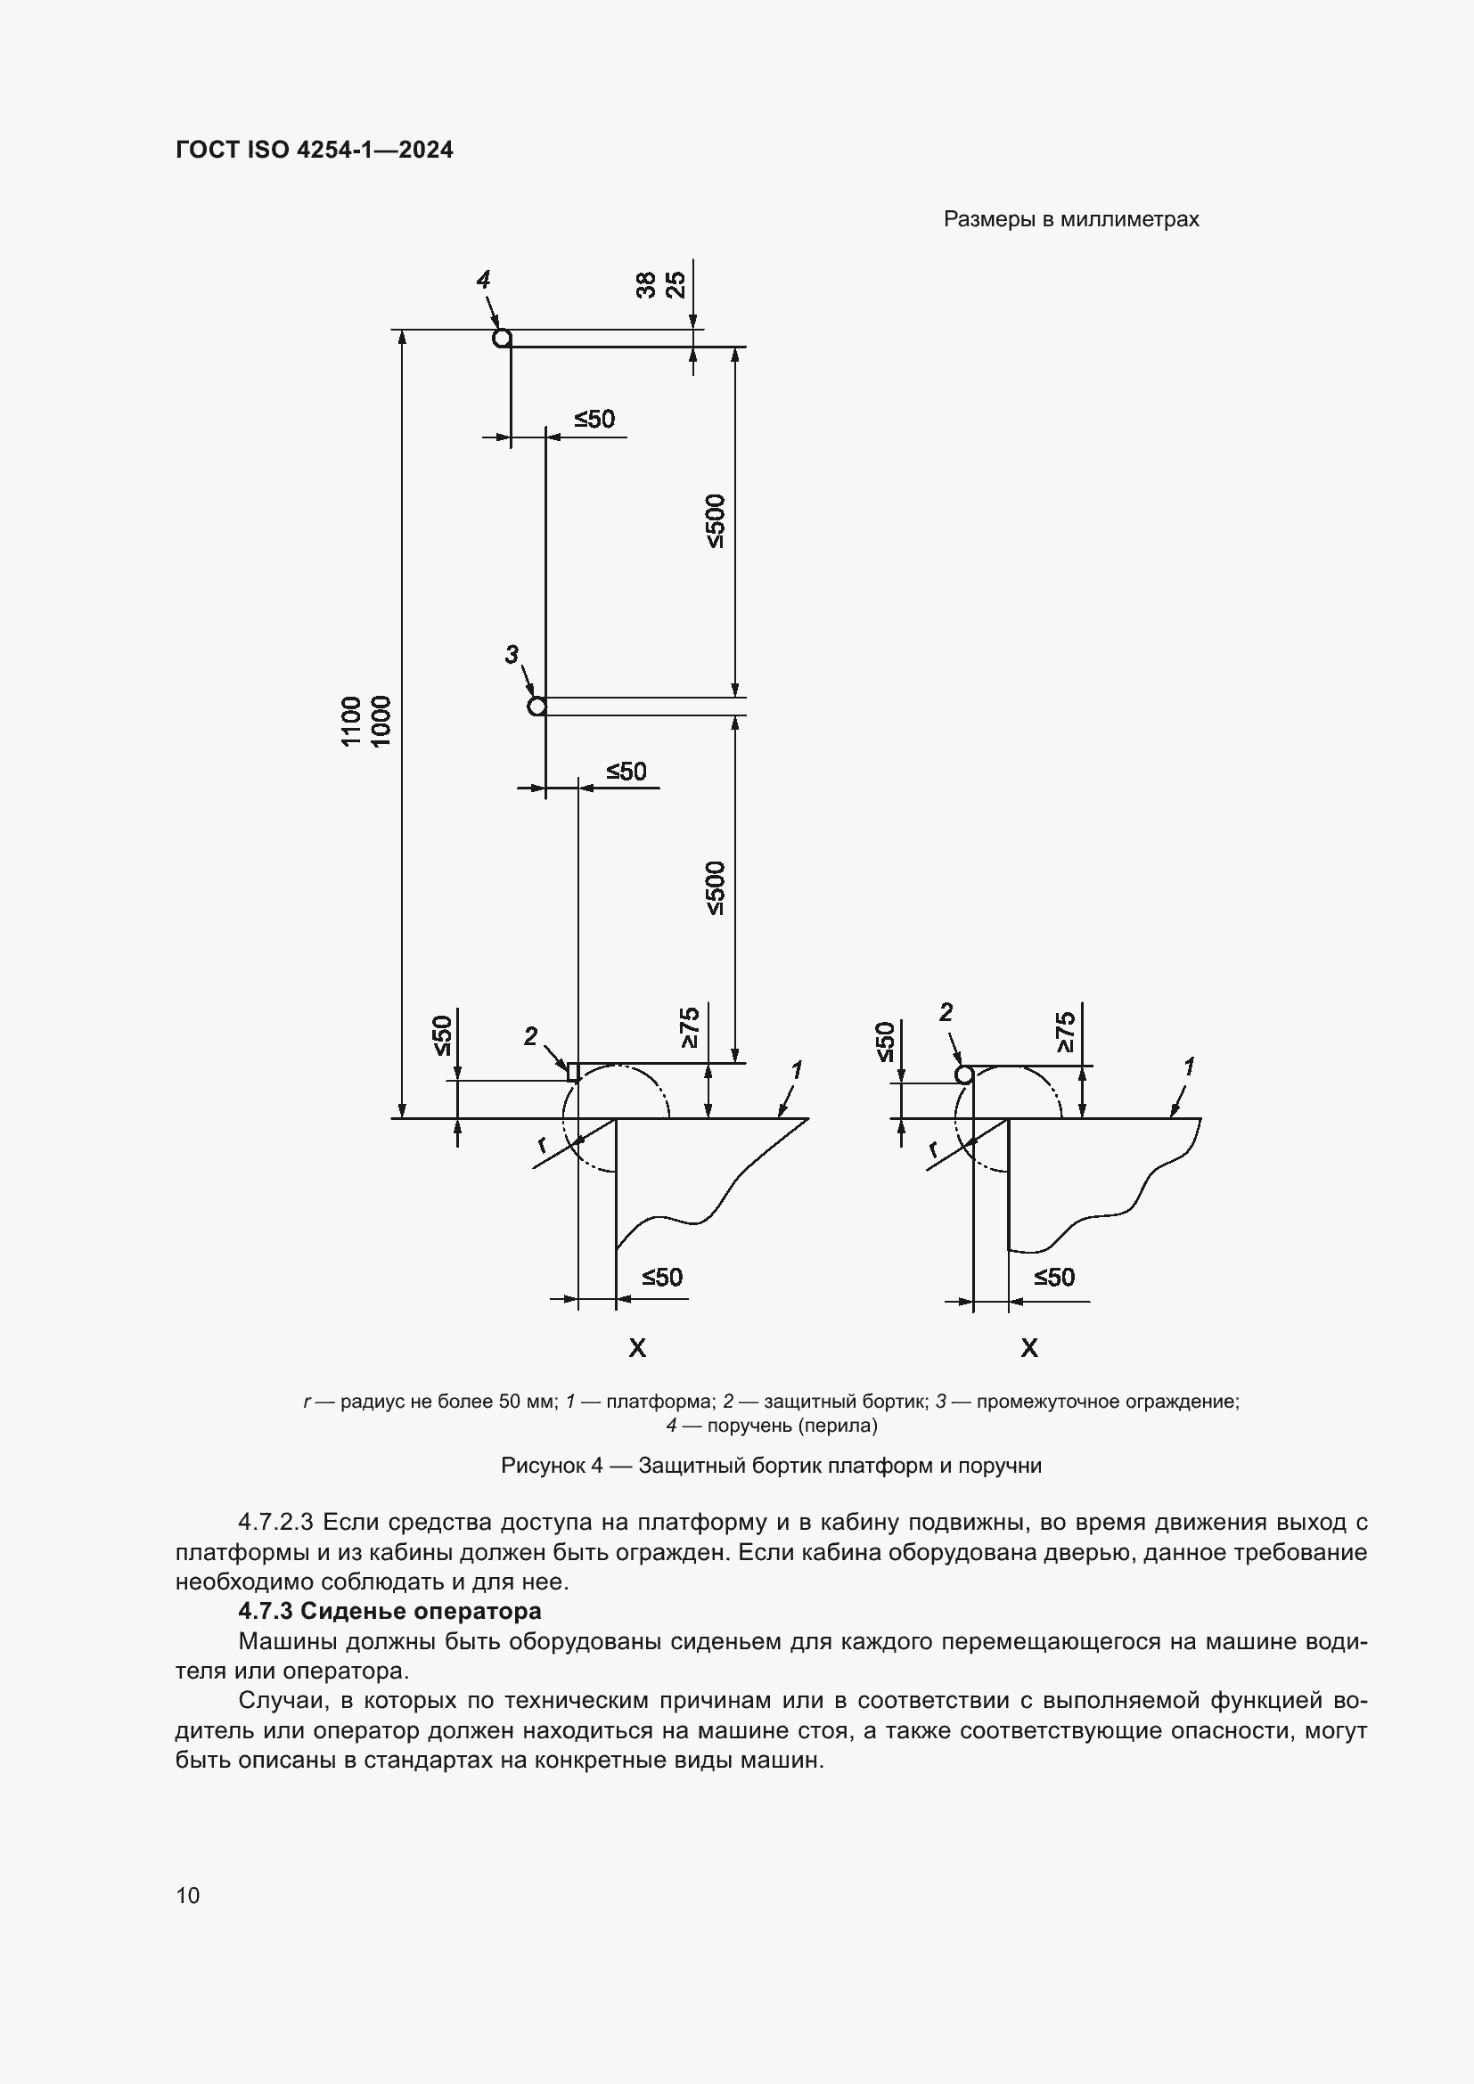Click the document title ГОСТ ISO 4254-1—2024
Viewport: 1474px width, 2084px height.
(314, 150)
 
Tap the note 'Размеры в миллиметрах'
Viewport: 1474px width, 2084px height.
(1071, 220)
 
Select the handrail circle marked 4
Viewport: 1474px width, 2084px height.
(502, 339)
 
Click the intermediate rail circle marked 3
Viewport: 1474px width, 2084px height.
(536, 707)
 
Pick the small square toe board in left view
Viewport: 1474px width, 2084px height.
(573, 1072)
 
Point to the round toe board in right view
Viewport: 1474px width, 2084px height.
(965, 1075)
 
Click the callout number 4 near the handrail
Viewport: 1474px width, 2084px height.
(484, 280)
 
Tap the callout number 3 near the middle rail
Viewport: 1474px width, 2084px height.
(512, 653)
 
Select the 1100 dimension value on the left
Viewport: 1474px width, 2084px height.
(351, 721)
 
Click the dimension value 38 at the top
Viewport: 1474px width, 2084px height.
(646, 286)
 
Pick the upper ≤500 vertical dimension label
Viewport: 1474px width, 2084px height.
(717, 521)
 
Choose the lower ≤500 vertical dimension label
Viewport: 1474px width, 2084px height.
(717, 887)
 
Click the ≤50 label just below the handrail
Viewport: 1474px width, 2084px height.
(594, 420)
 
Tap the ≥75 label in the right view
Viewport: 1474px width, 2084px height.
(1066, 1031)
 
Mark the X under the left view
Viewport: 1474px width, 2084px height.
(637, 1348)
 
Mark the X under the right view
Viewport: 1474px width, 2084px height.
(1028, 1348)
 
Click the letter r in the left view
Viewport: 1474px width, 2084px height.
(542, 1145)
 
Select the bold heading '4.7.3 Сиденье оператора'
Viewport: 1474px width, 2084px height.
(389, 1611)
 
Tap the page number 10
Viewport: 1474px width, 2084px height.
(188, 1895)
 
